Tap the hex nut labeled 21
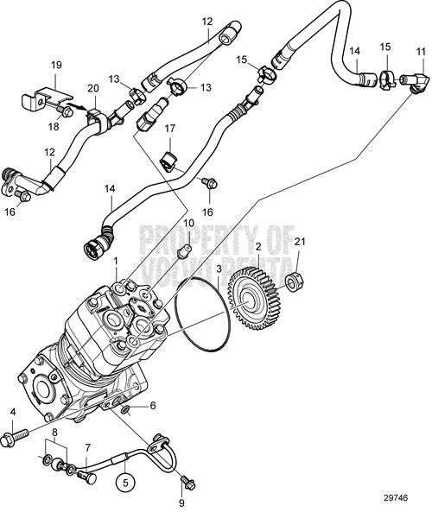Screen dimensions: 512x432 click(294, 281)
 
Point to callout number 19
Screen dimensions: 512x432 click(56, 66)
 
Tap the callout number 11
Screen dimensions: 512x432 click(421, 52)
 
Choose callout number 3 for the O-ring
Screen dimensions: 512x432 click(219, 269)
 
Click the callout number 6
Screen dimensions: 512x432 click(152, 405)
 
